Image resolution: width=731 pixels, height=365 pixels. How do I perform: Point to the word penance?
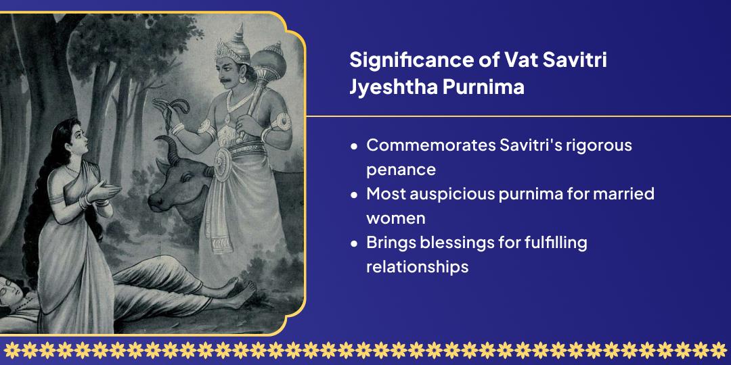[x=401, y=170]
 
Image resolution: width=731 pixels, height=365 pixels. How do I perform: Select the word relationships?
[x=417, y=267]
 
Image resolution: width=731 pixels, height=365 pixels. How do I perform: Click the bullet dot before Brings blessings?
[x=354, y=243]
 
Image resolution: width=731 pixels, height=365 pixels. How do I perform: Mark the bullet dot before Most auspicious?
[x=354, y=195]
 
